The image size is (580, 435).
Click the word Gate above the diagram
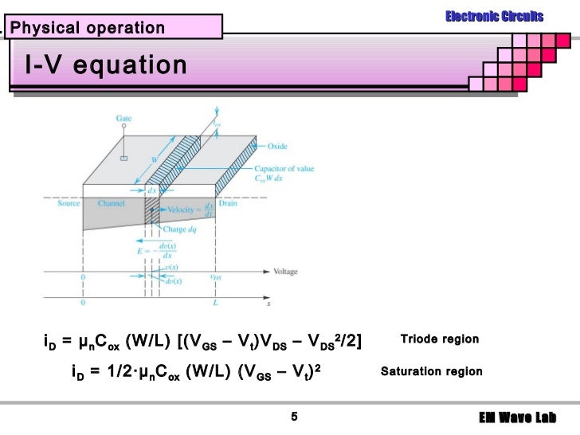pyautogui.click(x=123, y=118)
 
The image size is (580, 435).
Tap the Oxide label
pyautogui.click(x=277, y=146)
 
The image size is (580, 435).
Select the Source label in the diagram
pyautogui.click(x=69, y=203)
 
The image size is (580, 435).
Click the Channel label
pyautogui.click(x=111, y=203)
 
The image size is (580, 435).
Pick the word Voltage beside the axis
pyautogui.click(x=285, y=272)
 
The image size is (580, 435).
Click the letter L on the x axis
pyautogui.click(x=216, y=303)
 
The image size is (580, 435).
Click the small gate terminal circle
pyautogui.click(x=123, y=158)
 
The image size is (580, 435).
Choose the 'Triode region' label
pyautogui.click(x=439, y=339)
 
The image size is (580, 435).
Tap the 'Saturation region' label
pyautogui.click(x=431, y=371)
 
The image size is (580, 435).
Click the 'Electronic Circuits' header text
pyautogui.click(x=494, y=16)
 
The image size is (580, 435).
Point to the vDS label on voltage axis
pyautogui.click(x=216, y=277)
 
